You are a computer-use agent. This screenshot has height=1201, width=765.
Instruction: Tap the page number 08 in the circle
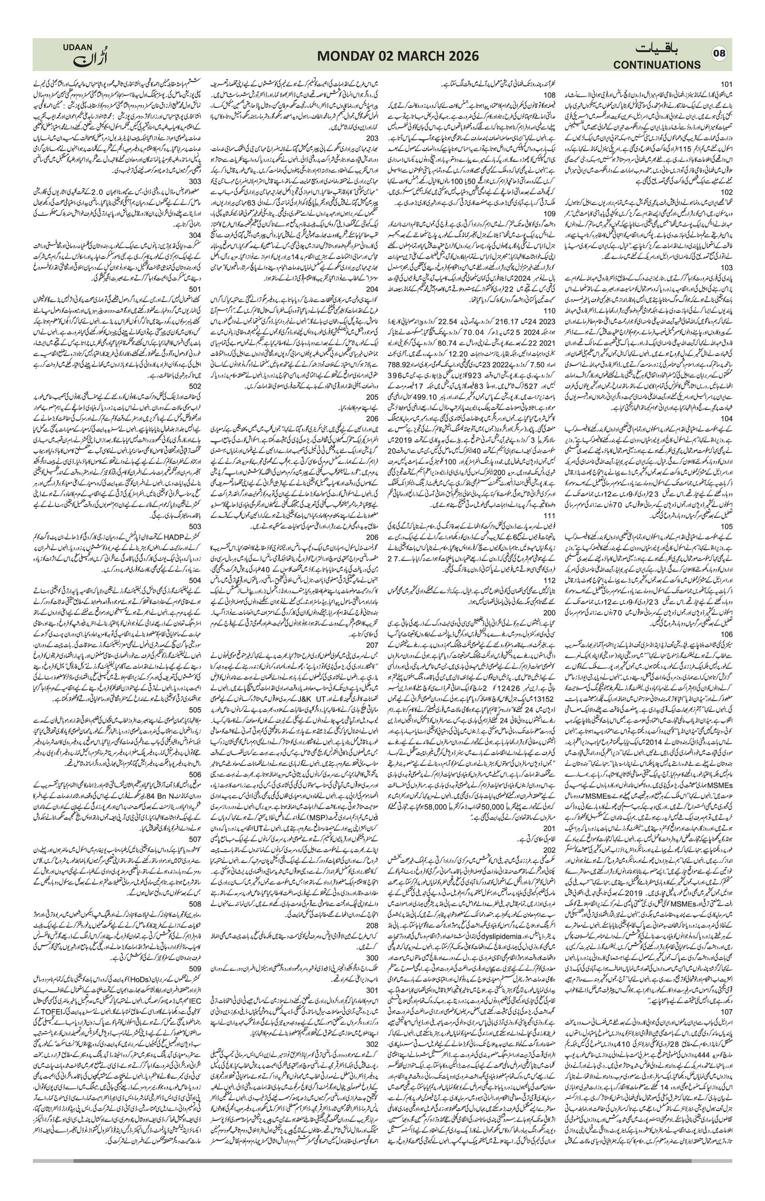click(x=719, y=54)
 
